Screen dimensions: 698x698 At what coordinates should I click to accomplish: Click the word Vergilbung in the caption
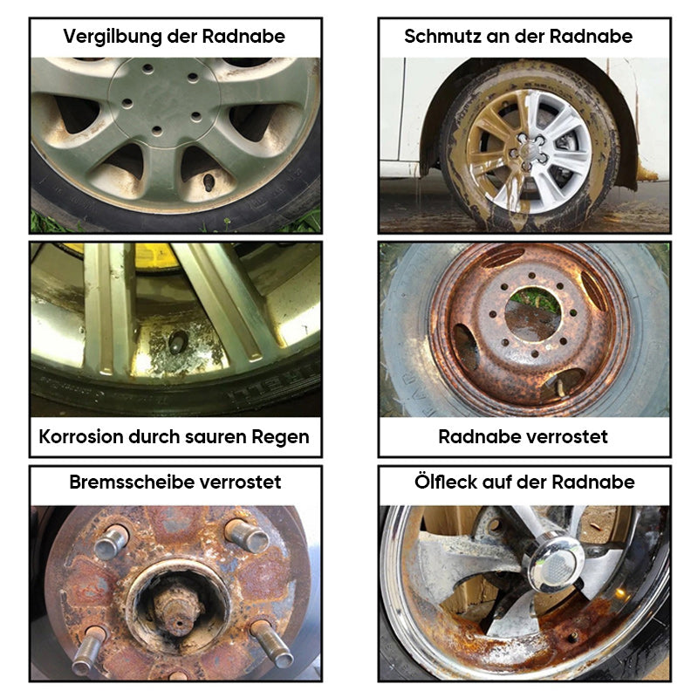113,37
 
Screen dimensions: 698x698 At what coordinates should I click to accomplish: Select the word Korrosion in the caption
81,437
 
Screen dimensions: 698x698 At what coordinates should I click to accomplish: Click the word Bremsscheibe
131,482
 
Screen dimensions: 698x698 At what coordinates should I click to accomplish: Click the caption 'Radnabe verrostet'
523,437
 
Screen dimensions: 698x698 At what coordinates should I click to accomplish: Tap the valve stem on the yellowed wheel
209,182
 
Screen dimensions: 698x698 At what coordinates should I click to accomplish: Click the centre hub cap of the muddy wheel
528,150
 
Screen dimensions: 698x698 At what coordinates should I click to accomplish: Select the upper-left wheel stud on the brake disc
111,541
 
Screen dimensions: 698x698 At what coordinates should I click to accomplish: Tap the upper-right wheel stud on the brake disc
247,535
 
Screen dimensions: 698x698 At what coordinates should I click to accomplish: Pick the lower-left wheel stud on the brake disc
89,649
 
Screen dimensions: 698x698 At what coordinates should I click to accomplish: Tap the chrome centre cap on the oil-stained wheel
556,562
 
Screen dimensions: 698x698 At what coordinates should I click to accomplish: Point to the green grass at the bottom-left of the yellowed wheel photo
48,223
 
